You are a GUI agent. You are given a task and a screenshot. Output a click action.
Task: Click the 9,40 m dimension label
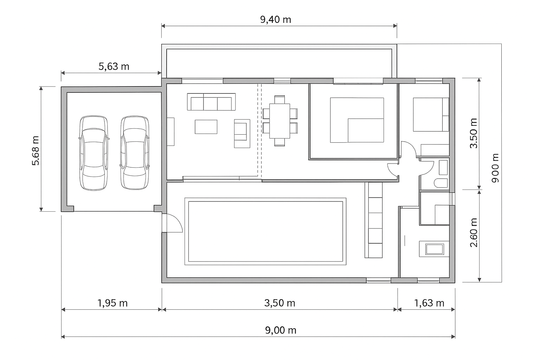pyautogui.click(x=276, y=20)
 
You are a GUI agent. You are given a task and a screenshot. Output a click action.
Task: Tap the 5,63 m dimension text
pyautogui.click(x=114, y=66)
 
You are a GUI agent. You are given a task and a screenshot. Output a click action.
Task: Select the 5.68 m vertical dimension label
pyautogui.click(x=36, y=151)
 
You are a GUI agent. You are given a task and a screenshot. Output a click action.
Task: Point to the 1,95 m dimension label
pyautogui.click(x=112, y=303)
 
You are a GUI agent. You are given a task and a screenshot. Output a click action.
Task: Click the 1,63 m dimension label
pyautogui.click(x=429, y=303)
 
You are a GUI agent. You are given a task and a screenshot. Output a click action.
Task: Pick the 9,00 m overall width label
pyautogui.click(x=281, y=330)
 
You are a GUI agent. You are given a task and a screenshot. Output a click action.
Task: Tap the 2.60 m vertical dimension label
pyautogui.click(x=474, y=233)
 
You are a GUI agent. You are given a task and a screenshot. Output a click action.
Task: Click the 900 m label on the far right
pyautogui.click(x=495, y=168)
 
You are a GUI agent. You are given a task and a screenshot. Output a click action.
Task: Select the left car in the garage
pyautogui.click(x=94, y=153)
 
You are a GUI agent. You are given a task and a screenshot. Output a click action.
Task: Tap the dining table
pyautogui.click(x=279, y=121)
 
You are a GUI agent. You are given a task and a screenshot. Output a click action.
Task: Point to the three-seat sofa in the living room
pyautogui.click(x=211, y=102)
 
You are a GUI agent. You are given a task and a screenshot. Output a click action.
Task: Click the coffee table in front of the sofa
pyautogui.click(x=206, y=127)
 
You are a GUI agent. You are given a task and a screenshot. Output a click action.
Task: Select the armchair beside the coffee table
pyautogui.click(x=242, y=133)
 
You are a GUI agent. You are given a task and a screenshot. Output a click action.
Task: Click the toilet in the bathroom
pyautogui.click(x=441, y=183)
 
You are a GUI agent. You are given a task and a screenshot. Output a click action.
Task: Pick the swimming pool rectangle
pyautogui.click(x=265, y=231)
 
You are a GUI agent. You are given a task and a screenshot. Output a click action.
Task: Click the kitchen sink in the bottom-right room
pyautogui.click(x=435, y=249)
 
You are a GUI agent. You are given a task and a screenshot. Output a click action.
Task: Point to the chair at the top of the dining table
pyautogui.click(x=279, y=99)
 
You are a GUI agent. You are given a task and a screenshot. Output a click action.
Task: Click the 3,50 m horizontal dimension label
pyautogui.click(x=279, y=303)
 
